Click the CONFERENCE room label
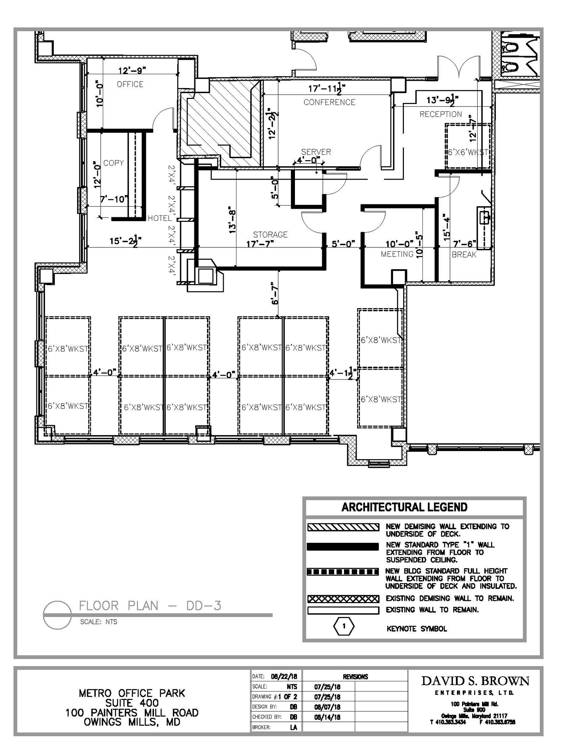329,102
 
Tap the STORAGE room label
270,235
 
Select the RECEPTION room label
441,114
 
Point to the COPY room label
113,163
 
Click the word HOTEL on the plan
159,218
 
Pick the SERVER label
316,152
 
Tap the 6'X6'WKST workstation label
468,152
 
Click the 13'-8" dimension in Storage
232,222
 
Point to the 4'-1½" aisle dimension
343,373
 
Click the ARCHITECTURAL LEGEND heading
404,507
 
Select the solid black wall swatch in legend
343,547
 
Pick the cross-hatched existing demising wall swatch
343,598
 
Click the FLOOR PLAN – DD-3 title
150,606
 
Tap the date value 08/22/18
284,676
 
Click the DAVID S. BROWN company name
475,681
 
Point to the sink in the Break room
484,217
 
